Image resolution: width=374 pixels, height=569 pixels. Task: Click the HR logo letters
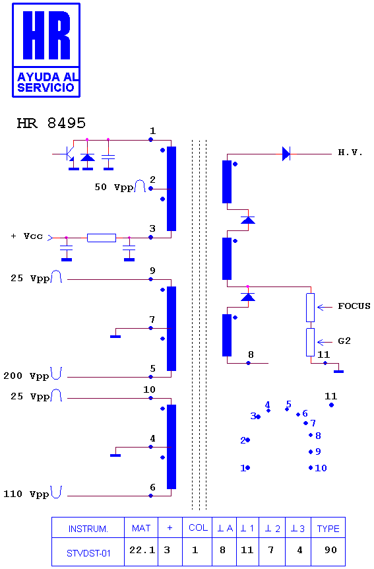pos(46,35)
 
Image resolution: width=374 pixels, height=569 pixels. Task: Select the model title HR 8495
pos(51,123)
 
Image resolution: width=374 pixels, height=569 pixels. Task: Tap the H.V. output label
pos(350,152)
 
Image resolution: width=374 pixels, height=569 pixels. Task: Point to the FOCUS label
pos(354,306)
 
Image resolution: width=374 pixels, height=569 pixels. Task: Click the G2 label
pos(344,341)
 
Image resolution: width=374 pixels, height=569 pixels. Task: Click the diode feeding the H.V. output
pos(286,154)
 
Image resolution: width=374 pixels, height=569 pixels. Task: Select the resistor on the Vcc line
pos(102,238)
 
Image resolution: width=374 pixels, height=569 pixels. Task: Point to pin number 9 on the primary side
pos(153,271)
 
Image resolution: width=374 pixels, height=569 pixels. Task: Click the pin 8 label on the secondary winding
pos(251,354)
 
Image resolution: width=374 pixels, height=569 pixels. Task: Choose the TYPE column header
pos(328,528)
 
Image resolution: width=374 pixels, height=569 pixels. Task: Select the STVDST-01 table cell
pos(88,552)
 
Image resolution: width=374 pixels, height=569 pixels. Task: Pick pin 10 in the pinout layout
pos(318,468)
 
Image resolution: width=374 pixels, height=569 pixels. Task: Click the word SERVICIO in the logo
pos(46,87)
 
